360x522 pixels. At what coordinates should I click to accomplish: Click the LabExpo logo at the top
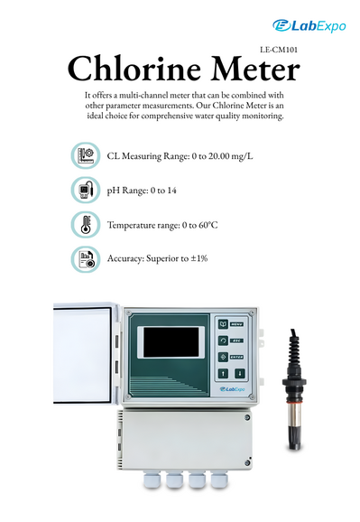pyautogui.click(x=309, y=25)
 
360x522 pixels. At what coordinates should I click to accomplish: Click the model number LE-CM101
pyautogui.click(x=279, y=50)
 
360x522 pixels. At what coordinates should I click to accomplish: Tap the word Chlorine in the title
pyautogui.click(x=134, y=69)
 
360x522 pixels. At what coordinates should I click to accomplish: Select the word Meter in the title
pyautogui.click(x=255, y=69)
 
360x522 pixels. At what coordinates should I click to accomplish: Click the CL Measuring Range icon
pyautogui.click(x=86, y=155)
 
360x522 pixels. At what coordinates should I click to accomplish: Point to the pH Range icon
pyautogui.click(x=86, y=190)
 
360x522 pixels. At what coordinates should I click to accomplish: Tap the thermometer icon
pyautogui.click(x=86, y=225)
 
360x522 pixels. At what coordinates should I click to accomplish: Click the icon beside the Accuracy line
pyautogui.click(x=86, y=259)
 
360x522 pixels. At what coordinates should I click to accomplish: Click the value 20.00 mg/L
pyautogui.click(x=231, y=156)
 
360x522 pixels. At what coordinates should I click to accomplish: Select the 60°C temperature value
pyautogui.click(x=208, y=225)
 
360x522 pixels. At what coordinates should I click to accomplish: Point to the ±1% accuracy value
pyautogui.click(x=199, y=258)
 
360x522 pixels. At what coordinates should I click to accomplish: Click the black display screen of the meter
pyautogui.click(x=171, y=342)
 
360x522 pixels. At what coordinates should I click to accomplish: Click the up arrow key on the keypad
pyautogui.click(x=223, y=374)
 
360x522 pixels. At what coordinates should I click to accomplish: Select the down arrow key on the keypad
pyautogui.click(x=240, y=374)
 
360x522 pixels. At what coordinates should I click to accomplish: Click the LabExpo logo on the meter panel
pyautogui.click(x=232, y=389)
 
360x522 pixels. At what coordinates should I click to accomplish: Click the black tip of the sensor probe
pyautogui.click(x=294, y=438)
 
